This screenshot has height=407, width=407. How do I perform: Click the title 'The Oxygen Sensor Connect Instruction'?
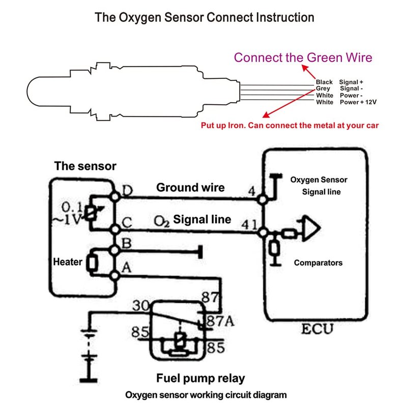(x=205, y=17)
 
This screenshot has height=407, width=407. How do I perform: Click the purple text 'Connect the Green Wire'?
(x=303, y=57)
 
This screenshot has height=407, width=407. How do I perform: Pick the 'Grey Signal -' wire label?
(x=339, y=89)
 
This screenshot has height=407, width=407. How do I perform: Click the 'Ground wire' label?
(x=190, y=187)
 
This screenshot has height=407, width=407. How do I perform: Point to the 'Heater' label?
(x=68, y=262)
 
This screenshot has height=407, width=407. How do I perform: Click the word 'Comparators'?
(x=318, y=263)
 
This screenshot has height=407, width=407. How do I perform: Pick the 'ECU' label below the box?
(x=316, y=329)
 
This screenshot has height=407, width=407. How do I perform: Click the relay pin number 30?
(x=140, y=306)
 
